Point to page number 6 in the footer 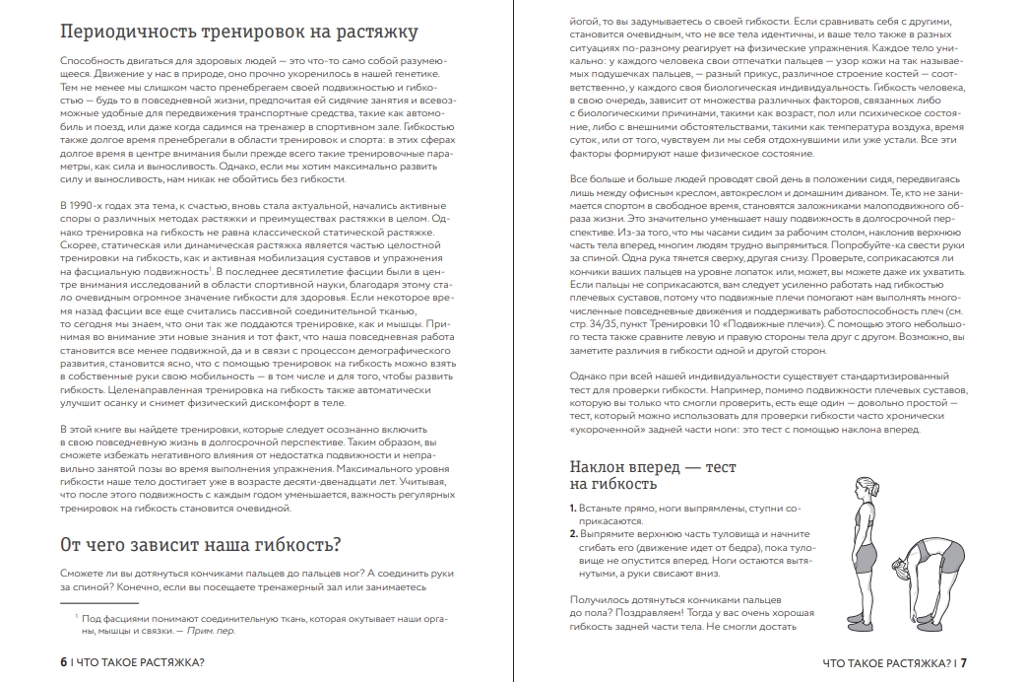(62, 662)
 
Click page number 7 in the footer (964, 662)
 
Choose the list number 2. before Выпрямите (573, 533)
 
